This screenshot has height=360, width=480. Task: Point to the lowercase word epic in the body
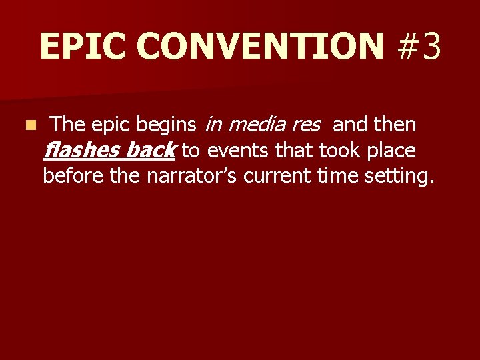click(x=109, y=125)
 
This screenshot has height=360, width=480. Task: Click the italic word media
click(x=257, y=125)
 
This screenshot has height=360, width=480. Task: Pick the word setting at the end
click(x=399, y=177)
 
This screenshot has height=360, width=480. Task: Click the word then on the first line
click(x=396, y=125)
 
